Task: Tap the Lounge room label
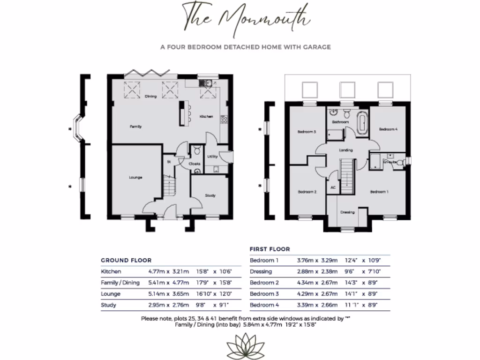coord(136,178)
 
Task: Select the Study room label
coord(210,195)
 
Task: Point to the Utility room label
coord(212,157)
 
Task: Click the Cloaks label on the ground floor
coord(195,164)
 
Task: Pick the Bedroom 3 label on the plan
coord(307,132)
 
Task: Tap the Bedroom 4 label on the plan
coord(388,129)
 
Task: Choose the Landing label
coord(346,150)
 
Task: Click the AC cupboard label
coord(333,187)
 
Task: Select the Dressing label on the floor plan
coord(347,212)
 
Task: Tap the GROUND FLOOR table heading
coord(126,260)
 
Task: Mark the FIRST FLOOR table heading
coord(270,249)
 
